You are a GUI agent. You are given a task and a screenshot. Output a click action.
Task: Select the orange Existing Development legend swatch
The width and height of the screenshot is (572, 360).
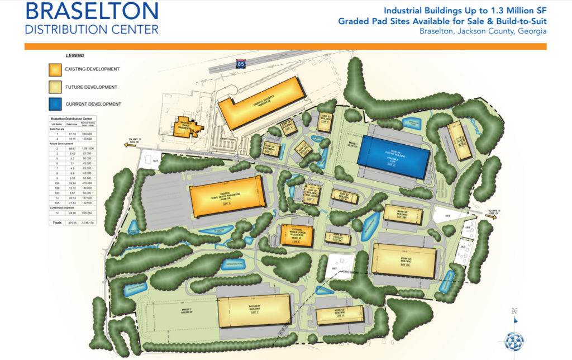pos(54,69)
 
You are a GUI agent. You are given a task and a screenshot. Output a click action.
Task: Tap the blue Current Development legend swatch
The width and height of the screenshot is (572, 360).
pos(54,103)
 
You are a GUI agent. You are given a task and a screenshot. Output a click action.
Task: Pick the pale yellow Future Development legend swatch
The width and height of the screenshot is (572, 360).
pos(54,87)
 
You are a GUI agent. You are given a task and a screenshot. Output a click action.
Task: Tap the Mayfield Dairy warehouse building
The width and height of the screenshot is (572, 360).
pos(187,128)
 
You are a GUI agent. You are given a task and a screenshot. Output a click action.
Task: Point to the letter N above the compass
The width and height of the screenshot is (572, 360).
pos(514,311)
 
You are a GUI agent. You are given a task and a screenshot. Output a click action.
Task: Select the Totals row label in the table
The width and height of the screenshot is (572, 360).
pos(56,222)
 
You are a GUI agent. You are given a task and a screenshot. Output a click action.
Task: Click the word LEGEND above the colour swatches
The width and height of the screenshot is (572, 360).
pos(75,56)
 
